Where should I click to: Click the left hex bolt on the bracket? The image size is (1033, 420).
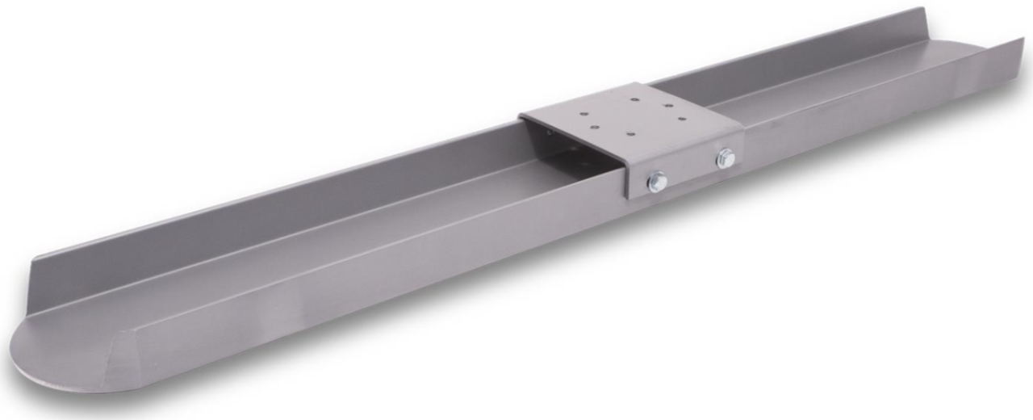[657, 182]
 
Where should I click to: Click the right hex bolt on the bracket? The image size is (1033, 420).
[725, 158]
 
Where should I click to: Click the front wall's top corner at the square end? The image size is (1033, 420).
[1021, 40]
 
